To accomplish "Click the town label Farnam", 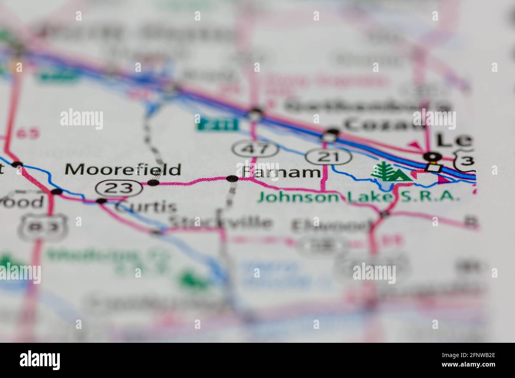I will click(x=281, y=172).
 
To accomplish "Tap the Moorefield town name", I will click(x=123, y=170).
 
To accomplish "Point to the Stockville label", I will click(x=220, y=222).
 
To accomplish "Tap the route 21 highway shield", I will click(x=329, y=157).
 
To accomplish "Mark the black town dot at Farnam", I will click(x=232, y=179).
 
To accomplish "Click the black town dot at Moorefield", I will click(x=153, y=183).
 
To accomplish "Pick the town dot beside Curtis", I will click(x=102, y=201).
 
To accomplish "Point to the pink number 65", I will click(x=28, y=133).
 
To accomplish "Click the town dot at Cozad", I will click(x=333, y=132).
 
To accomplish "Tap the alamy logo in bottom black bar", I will click(x=40, y=360).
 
